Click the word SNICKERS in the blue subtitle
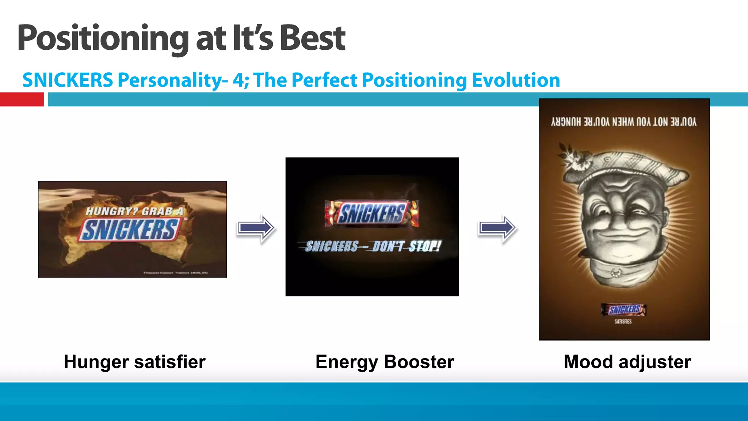point(68,80)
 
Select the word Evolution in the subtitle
point(516,80)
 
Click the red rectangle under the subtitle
point(22,99)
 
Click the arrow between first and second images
point(256,228)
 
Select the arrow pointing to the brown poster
point(497,228)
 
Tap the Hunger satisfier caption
point(134,362)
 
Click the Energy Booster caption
point(385,362)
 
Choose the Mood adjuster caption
point(627,362)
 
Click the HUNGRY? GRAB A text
point(134,211)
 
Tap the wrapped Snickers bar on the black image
point(371,213)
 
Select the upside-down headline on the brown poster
point(624,122)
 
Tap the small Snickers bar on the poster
point(624,310)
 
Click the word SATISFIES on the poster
point(623,322)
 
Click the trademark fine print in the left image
point(176,273)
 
